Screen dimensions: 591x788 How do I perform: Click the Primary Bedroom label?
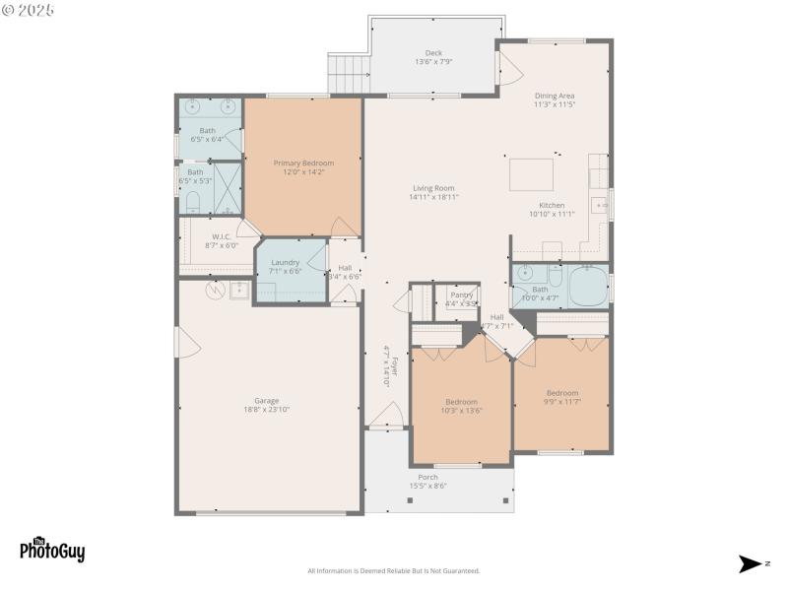tap(303, 164)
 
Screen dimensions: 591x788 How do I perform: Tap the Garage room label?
tap(266, 401)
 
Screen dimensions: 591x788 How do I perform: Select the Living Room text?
tap(433, 188)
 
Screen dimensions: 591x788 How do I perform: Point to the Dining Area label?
tap(554, 96)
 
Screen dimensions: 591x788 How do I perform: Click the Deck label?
tap(433, 53)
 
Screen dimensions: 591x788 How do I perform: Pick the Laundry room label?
tap(285, 262)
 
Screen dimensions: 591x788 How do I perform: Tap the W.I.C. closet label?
tap(222, 236)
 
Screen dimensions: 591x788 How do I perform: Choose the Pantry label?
tap(461, 295)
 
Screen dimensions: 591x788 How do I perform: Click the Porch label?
tap(427, 477)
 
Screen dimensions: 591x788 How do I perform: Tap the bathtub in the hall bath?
tap(589, 286)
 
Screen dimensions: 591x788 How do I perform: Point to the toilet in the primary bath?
tap(193, 203)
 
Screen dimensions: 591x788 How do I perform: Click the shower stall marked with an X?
tap(228, 188)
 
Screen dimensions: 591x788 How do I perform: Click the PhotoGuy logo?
tap(52, 550)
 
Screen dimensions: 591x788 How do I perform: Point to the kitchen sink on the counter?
tap(599, 205)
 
